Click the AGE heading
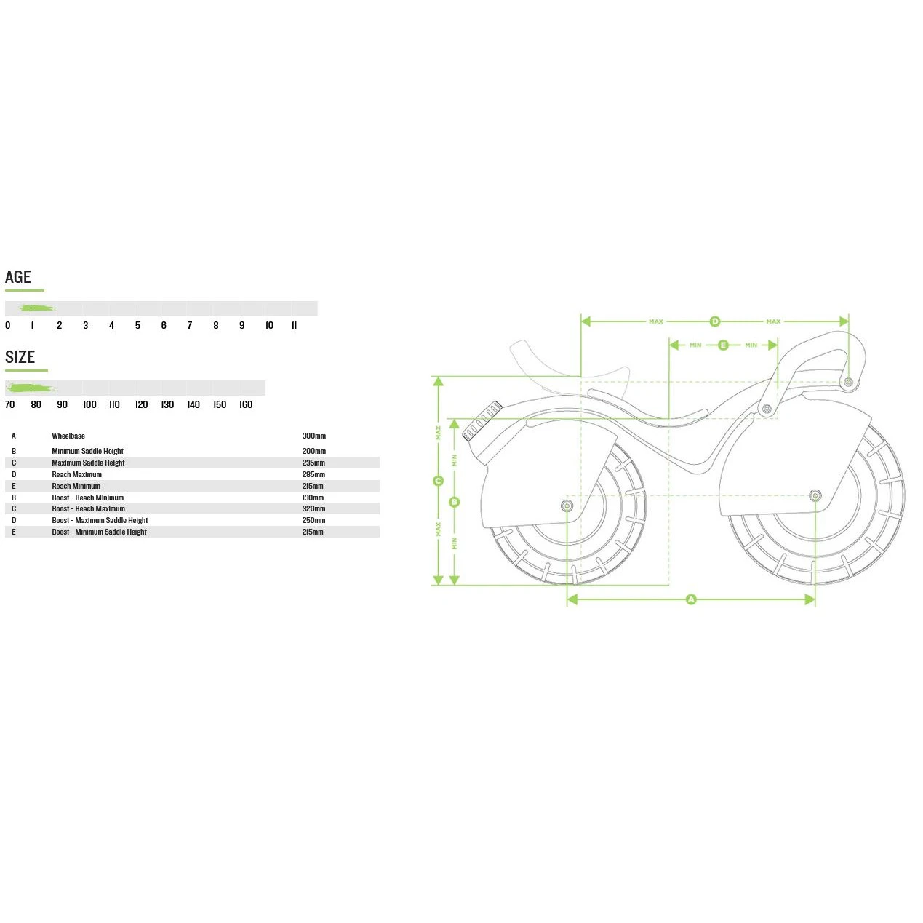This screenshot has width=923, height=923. click(x=17, y=277)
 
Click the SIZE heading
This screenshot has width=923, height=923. click(x=20, y=357)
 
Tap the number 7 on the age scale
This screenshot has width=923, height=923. click(x=190, y=326)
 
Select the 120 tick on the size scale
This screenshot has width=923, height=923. click(x=141, y=405)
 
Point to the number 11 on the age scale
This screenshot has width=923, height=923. click(x=294, y=326)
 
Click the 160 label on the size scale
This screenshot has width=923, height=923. click(x=246, y=405)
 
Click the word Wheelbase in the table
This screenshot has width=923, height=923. click(x=68, y=436)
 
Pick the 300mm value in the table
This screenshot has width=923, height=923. click(x=314, y=436)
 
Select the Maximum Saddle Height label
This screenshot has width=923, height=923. click(x=88, y=463)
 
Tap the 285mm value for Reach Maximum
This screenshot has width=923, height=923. click(x=313, y=475)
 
